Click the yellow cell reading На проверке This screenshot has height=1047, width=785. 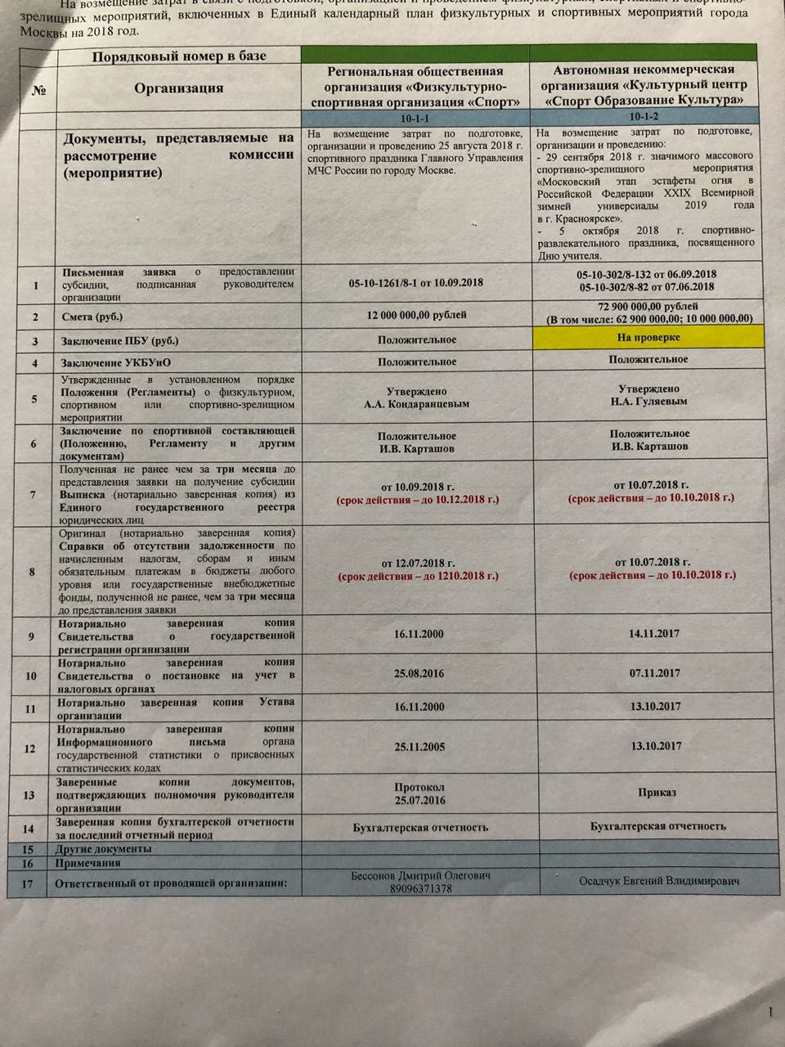[649, 337]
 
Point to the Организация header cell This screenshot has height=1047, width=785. [178, 88]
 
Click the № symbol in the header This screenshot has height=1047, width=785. [38, 89]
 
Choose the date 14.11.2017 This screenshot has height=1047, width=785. [654, 633]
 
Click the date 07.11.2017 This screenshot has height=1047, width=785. [655, 673]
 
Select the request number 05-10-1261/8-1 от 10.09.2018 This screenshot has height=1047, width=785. [415, 283]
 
